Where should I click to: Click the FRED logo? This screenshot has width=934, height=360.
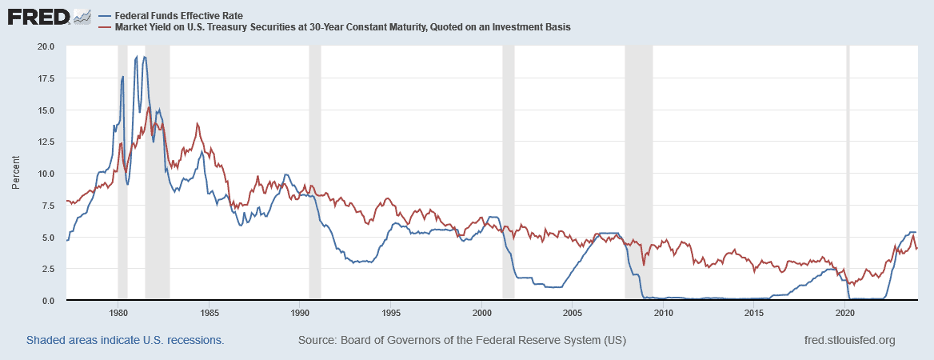coord(48,16)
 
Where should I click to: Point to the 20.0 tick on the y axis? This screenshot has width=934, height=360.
coord(46,46)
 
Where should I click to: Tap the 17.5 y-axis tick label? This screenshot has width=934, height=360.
coord(46,78)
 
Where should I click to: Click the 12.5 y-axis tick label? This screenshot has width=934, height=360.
coord(46,142)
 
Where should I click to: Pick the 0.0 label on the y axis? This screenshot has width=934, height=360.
coord(49,300)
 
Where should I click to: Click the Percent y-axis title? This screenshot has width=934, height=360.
coord(16,174)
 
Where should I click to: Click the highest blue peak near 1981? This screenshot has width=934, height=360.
coord(137,57)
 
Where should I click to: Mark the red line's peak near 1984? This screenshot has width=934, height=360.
coord(197,124)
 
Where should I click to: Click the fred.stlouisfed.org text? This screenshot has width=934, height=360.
coord(848,340)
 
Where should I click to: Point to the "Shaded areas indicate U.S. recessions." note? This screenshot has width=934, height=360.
coord(125,340)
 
